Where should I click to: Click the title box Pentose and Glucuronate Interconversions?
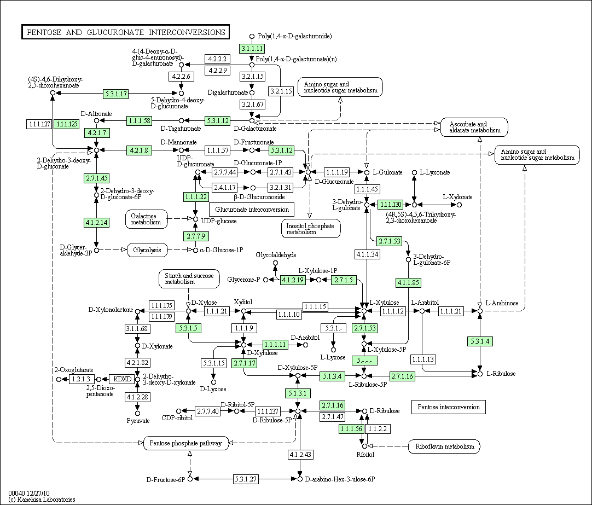tap(125, 32)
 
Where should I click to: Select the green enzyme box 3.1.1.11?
tap(252, 49)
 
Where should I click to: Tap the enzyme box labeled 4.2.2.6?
tap(181, 76)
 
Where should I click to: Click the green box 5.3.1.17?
tap(116, 94)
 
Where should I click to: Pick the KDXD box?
tap(122, 379)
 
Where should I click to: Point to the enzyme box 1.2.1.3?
tap(81, 379)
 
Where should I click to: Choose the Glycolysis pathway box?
tap(147, 250)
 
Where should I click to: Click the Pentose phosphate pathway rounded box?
tap(186, 443)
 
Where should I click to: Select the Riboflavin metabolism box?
tap(444, 446)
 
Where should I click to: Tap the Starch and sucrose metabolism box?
tap(189, 279)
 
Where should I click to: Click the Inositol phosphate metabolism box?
tap(311, 229)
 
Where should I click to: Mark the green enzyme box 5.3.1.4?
tap(480, 341)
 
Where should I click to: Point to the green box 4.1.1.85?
tap(408, 283)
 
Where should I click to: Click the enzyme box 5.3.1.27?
tap(246, 479)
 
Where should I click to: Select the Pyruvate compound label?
tap(138, 420)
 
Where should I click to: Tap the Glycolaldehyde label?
tap(276, 255)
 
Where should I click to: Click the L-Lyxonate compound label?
tap(436, 172)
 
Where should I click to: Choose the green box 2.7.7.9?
tap(195, 236)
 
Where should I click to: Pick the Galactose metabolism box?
tap(146, 219)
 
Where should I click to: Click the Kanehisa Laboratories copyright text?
tap(42, 500)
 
